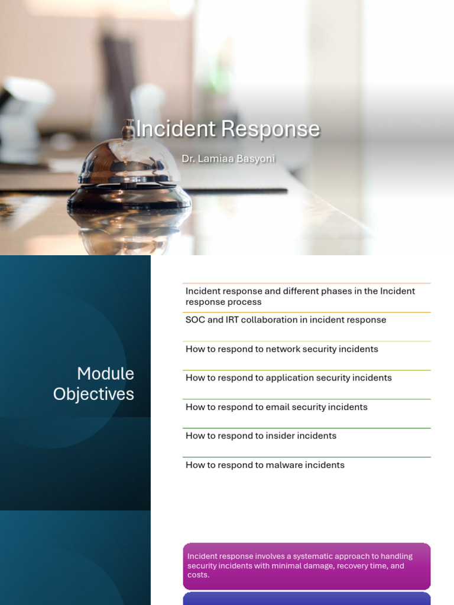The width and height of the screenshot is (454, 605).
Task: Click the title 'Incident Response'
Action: (228, 129)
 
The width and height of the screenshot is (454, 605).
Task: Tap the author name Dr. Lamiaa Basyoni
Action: (228, 159)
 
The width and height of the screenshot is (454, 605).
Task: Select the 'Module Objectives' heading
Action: (94, 383)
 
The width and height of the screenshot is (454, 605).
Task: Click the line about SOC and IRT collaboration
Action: (286, 320)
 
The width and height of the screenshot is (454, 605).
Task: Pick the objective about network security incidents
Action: (281, 349)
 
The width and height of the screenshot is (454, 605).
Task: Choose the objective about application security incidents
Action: (288, 378)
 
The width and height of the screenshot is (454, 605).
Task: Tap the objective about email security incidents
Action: (276, 406)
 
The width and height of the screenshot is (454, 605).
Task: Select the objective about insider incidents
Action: (261, 435)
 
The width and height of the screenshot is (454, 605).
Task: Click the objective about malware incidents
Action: (265, 465)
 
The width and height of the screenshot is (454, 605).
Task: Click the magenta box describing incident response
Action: (306, 565)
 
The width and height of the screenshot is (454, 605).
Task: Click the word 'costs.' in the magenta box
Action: (198, 575)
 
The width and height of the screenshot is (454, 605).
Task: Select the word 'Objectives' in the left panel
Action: (94, 394)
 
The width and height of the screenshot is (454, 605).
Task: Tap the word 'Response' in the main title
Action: (271, 129)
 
